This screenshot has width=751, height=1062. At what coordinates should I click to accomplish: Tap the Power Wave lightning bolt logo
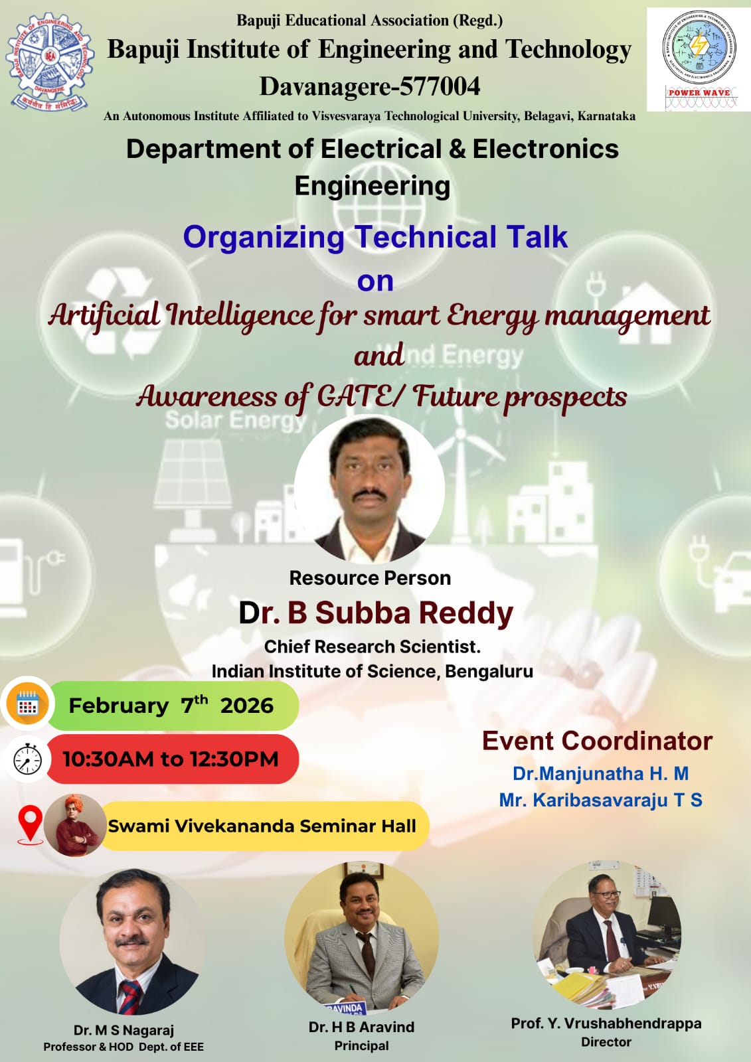[699, 46]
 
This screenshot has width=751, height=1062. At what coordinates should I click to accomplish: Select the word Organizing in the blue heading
[264, 237]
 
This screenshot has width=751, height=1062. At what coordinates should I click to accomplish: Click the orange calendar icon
[27, 704]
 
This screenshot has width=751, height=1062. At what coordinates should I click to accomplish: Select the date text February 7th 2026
[171, 704]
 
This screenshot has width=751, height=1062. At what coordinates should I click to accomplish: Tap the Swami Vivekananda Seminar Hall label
[262, 826]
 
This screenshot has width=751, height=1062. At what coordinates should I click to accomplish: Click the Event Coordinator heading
[598, 741]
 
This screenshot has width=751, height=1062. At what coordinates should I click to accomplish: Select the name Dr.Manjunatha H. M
[601, 773]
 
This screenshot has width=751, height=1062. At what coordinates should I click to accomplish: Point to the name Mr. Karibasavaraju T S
[601, 800]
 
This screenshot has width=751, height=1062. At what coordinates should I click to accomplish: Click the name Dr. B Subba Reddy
[376, 613]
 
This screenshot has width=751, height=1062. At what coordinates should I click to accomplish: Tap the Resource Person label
[370, 578]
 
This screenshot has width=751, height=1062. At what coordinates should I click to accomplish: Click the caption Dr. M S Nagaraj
[124, 1029]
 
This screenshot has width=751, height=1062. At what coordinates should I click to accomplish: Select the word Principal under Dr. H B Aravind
[361, 1045]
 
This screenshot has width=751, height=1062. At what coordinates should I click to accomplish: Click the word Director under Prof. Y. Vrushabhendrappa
[606, 1041]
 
